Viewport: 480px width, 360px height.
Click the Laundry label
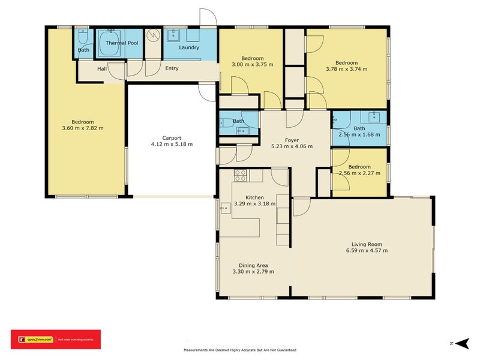pos(189,47)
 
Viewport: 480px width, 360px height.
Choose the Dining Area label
pos(253,265)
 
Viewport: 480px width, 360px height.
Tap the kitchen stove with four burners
pos(240,175)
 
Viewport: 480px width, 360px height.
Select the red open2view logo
pos(56,340)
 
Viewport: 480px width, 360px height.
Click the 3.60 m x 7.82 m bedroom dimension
pos(83,128)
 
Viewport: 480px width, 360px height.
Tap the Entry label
pos(172,68)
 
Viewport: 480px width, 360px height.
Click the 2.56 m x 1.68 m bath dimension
pos(359,134)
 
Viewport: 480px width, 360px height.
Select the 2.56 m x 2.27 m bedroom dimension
pos(359,173)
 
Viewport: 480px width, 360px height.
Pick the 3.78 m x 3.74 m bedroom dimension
pos(346,69)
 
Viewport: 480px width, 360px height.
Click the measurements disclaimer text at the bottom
pos(240,350)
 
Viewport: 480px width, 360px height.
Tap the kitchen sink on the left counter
pos(226,208)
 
